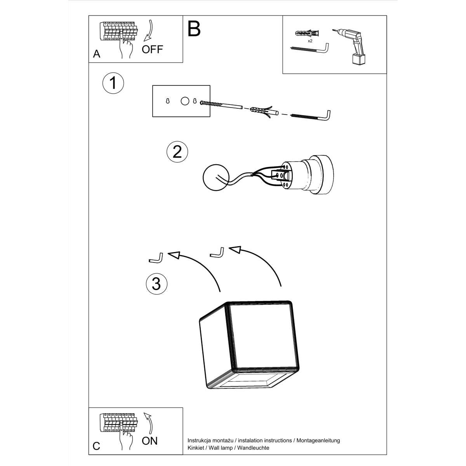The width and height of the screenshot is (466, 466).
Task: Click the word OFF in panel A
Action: click(x=152, y=49)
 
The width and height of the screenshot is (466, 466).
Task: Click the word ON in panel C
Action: click(x=150, y=441)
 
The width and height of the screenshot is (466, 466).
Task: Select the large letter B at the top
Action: click(x=194, y=29)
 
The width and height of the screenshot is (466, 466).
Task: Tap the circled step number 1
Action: click(x=113, y=83)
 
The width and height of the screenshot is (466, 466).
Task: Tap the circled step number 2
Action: click(x=177, y=151)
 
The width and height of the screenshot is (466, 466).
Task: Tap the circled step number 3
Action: click(x=156, y=283)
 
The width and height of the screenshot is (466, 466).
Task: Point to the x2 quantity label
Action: click(x=310, y=41)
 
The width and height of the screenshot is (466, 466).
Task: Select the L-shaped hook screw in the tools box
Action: click(x=311, y=49)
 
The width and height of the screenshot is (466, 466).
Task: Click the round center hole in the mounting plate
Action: click(x=185, y=101)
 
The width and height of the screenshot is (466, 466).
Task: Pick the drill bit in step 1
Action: click(x=221, y=105)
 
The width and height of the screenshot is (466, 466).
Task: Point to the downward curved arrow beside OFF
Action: click(x=149, y=31)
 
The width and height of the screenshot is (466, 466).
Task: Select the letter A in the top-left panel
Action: click(x=97, y=54)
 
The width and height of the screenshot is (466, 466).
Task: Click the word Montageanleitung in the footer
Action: click(x=318, y=440)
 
